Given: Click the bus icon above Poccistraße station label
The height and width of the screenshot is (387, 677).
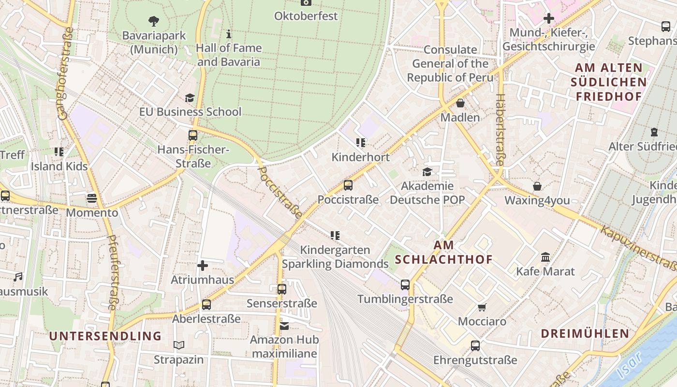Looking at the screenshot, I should coord(348,185).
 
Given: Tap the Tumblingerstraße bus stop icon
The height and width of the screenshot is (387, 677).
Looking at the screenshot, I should coord(405,285).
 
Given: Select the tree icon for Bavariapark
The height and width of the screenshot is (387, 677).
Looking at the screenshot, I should coord(154,21).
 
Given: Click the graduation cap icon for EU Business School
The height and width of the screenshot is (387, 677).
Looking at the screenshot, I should coord(190,98).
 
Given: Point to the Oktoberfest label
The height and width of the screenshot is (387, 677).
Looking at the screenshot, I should coord(306,16).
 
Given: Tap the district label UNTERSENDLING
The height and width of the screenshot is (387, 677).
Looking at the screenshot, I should coord(105,336).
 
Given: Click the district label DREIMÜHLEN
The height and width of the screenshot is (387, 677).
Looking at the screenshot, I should coord(585,333).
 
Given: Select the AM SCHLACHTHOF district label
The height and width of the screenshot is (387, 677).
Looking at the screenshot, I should coord(443,253).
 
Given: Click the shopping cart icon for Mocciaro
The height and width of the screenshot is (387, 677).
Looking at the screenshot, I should coord(482,307).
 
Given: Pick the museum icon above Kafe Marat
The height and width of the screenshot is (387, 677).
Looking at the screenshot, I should coord(545,257).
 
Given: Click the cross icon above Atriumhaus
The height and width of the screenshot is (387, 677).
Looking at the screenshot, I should coord(203,265).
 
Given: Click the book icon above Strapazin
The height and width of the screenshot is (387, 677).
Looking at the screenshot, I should coord(179,345).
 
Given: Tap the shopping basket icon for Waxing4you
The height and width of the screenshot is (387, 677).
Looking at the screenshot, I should coord(537,186).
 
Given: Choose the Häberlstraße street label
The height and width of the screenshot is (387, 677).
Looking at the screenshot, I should coord(500,130).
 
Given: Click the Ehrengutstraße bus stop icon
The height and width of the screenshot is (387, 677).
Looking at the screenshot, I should coord(475,346).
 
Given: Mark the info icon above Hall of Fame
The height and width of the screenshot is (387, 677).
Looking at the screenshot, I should coord(229,34).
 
